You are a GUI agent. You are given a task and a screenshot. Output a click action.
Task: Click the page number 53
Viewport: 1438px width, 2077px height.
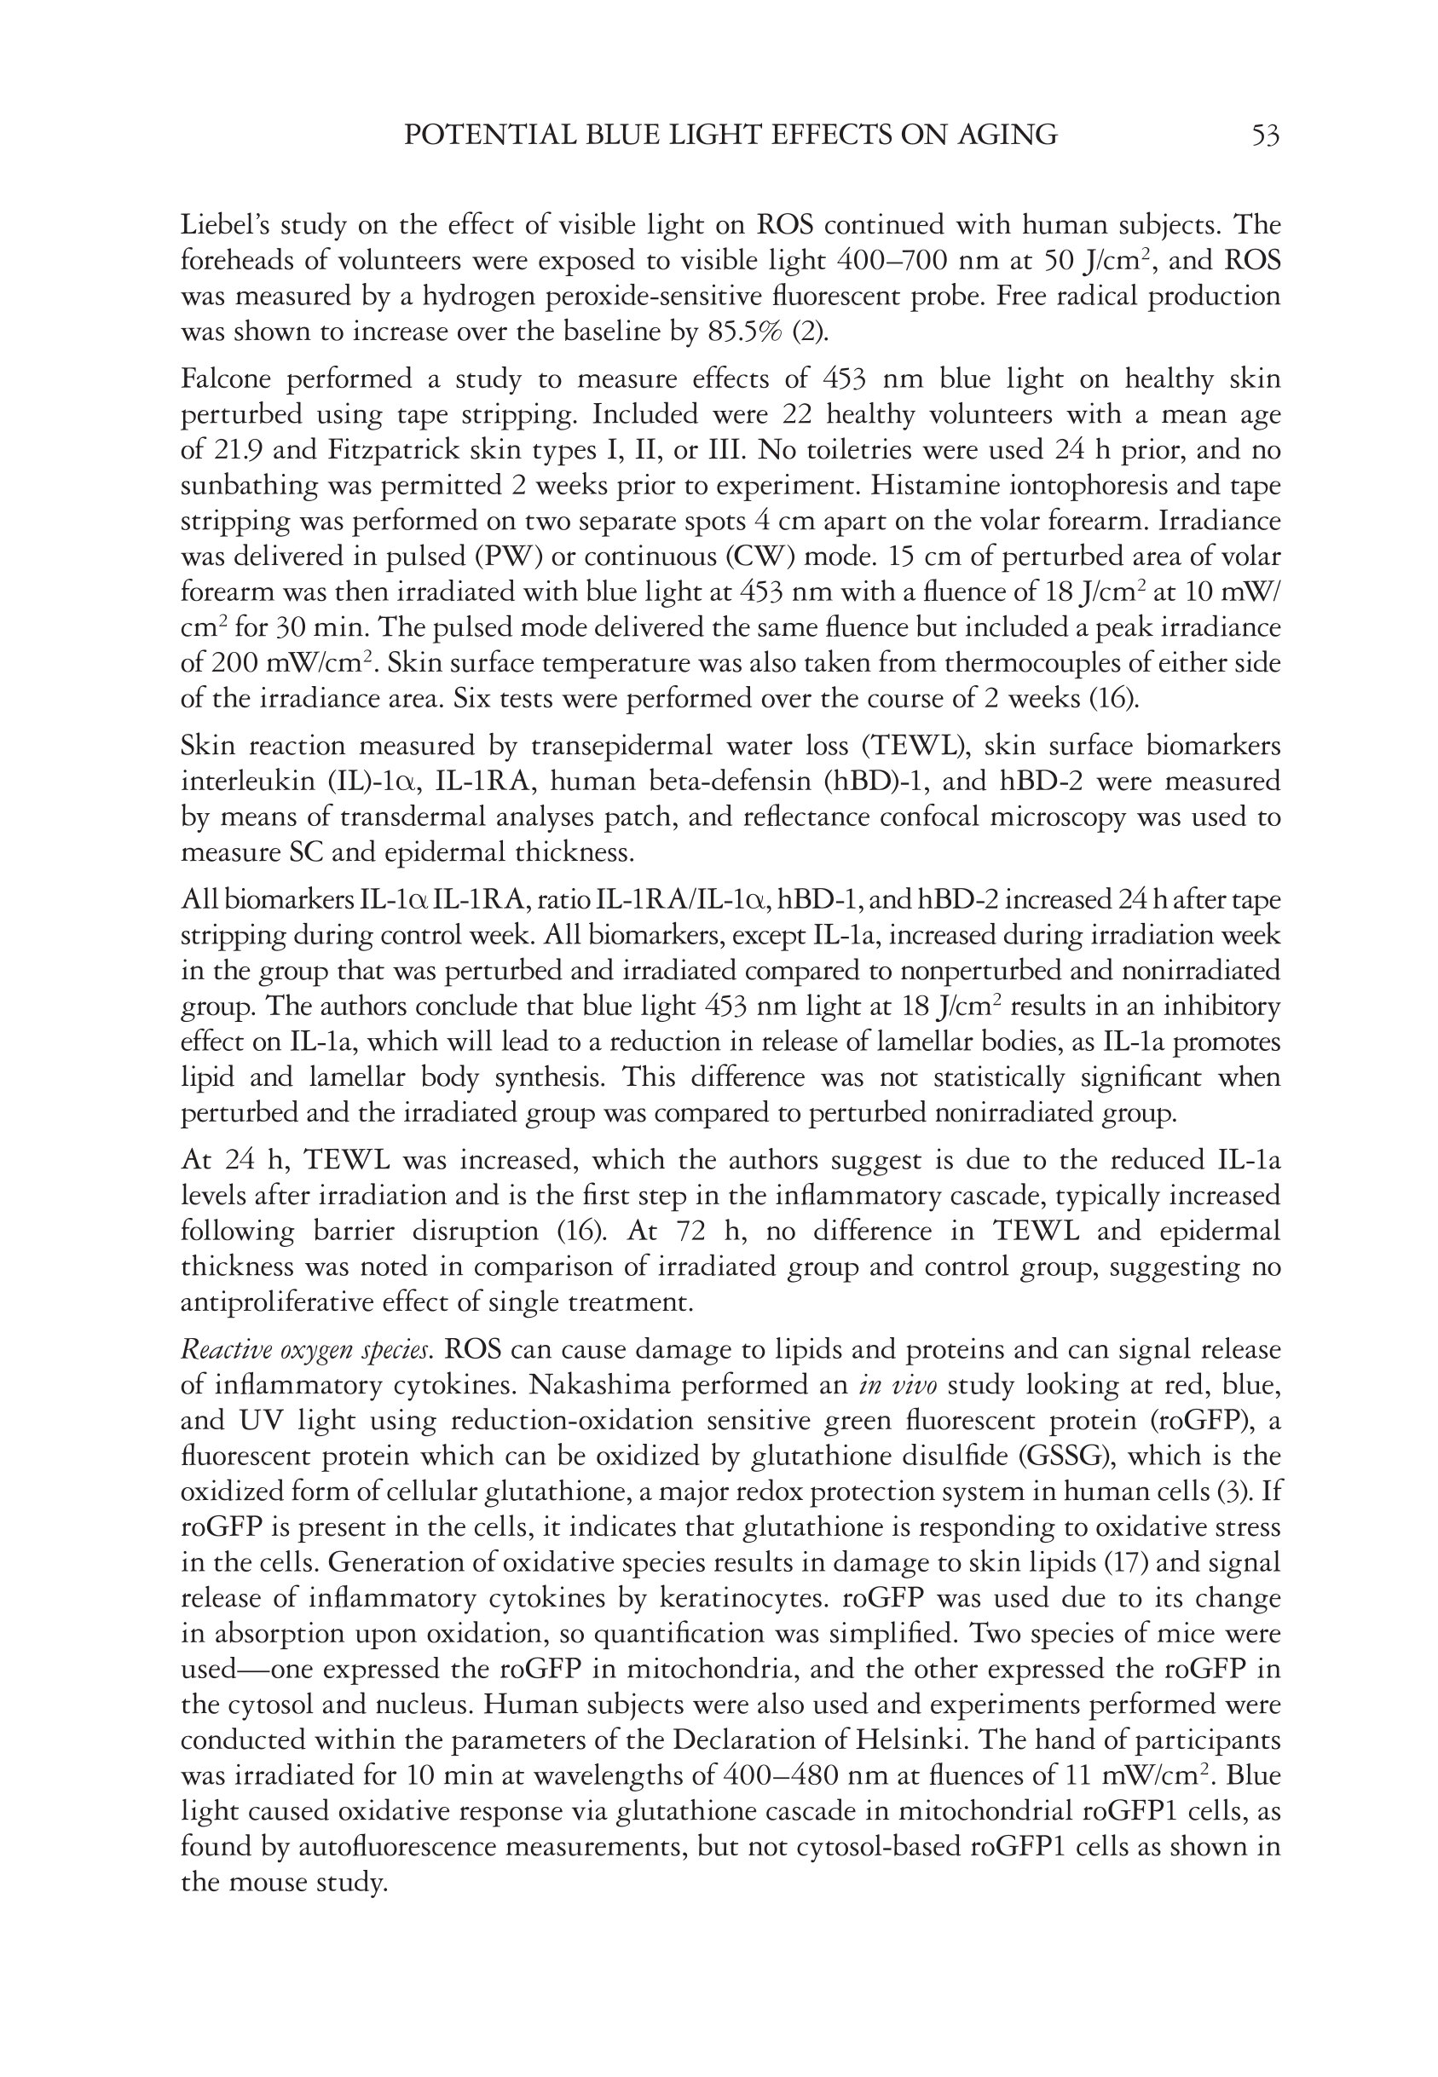point(1265,136)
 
